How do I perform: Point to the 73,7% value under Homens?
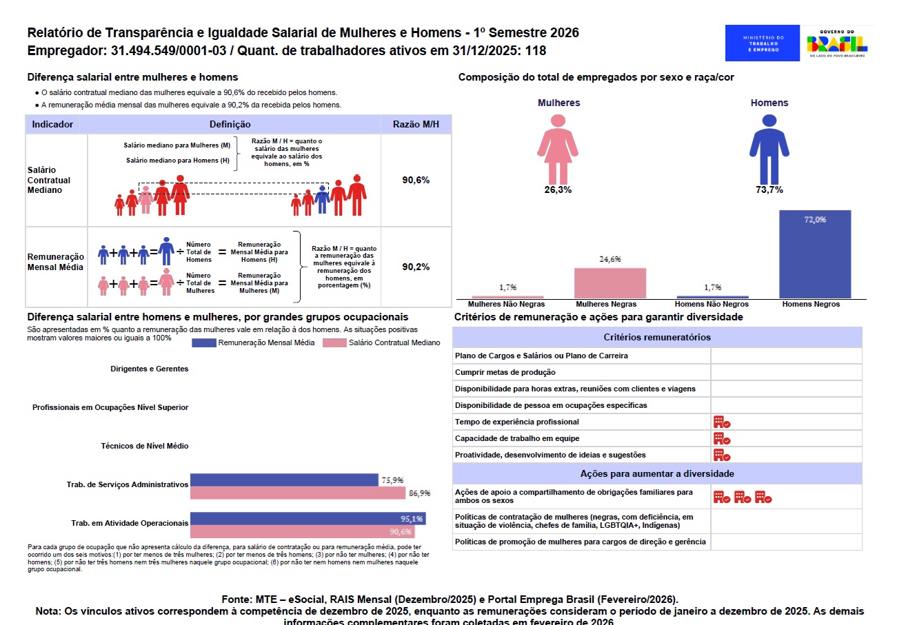[769, 190]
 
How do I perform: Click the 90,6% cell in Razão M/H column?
[416, 180]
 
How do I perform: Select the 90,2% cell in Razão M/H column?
[416, 267]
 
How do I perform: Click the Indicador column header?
[53, 125]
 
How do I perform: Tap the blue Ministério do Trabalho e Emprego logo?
[763, 43]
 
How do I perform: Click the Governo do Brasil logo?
[837, 43]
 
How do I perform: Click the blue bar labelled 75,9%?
[284, 480]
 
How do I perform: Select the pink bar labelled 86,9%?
[297, 493]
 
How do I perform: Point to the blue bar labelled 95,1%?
[308, 519]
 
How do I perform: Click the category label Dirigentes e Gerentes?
[149, 369]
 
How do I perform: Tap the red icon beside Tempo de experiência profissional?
[721, 422]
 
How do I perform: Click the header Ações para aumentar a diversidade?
[657, 474]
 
